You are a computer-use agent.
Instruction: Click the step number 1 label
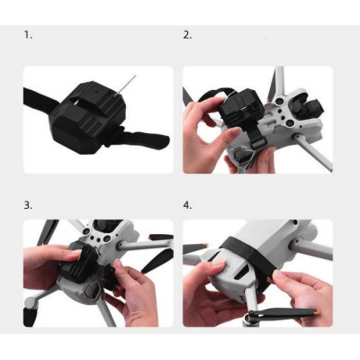click(28, 35)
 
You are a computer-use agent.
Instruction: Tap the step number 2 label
click(187, 35)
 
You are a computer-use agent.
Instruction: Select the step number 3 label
click(28, 205)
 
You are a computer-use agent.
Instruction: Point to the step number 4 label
click(187, 205)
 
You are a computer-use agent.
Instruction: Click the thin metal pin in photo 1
click(125, 85)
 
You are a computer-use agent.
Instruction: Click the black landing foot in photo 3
click(31, 316)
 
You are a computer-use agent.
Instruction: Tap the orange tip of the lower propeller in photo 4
click(318, 311)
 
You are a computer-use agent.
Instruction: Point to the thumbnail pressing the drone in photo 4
click(218, 264)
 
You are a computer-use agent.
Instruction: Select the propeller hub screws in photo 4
click(249, 315)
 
